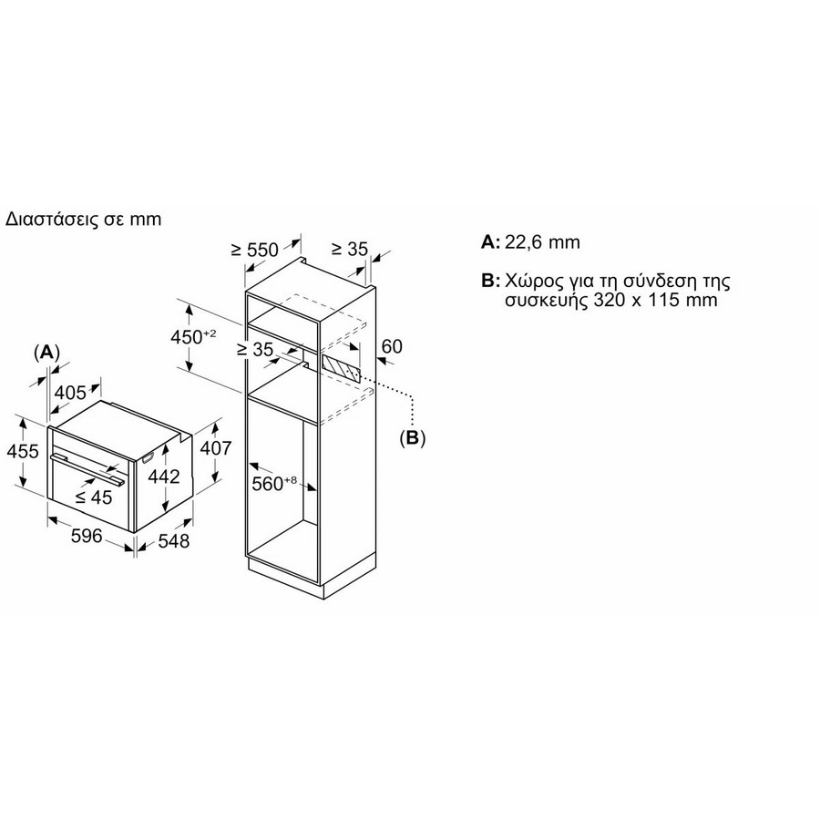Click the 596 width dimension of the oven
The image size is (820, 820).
tap(87, 536)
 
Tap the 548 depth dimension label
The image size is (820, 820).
tap(174, 540)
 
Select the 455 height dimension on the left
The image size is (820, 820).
tap(23, 451)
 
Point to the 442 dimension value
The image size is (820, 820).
tap(164, 477)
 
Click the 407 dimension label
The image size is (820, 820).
tap(215, 448)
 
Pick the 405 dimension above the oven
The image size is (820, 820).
tap(70, 392)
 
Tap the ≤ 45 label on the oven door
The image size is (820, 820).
tap(94, 497)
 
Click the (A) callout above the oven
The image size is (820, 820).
tap(46, 353)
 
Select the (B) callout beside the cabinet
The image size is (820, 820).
tap(413, 437)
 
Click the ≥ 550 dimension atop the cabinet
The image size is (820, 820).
tap(255, 250)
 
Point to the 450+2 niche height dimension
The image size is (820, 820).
tap(193, 337)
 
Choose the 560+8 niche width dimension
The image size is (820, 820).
tap(274, 483)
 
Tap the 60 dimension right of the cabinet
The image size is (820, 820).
tap(392, 346)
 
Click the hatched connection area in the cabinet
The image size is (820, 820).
tap(341, 369)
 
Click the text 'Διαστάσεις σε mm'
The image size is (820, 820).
tap(83, 219)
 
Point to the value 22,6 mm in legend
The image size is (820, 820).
tap(542, 242)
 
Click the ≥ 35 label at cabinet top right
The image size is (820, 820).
tap(350, 249)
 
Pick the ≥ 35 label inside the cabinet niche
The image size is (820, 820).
tap(255, 349)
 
